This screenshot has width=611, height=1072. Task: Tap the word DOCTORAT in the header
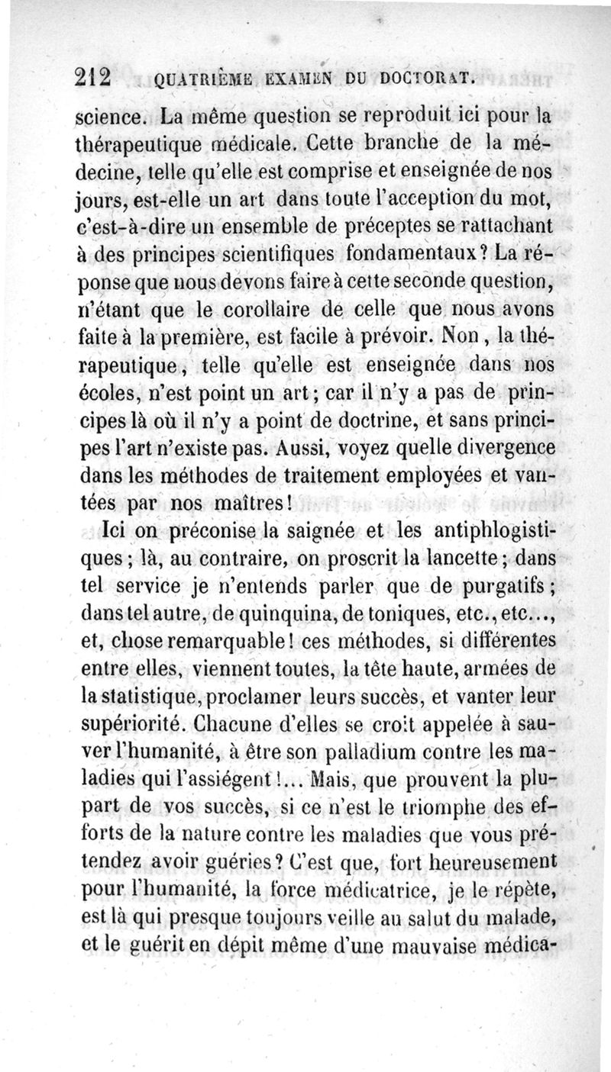(x=428, y=77)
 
